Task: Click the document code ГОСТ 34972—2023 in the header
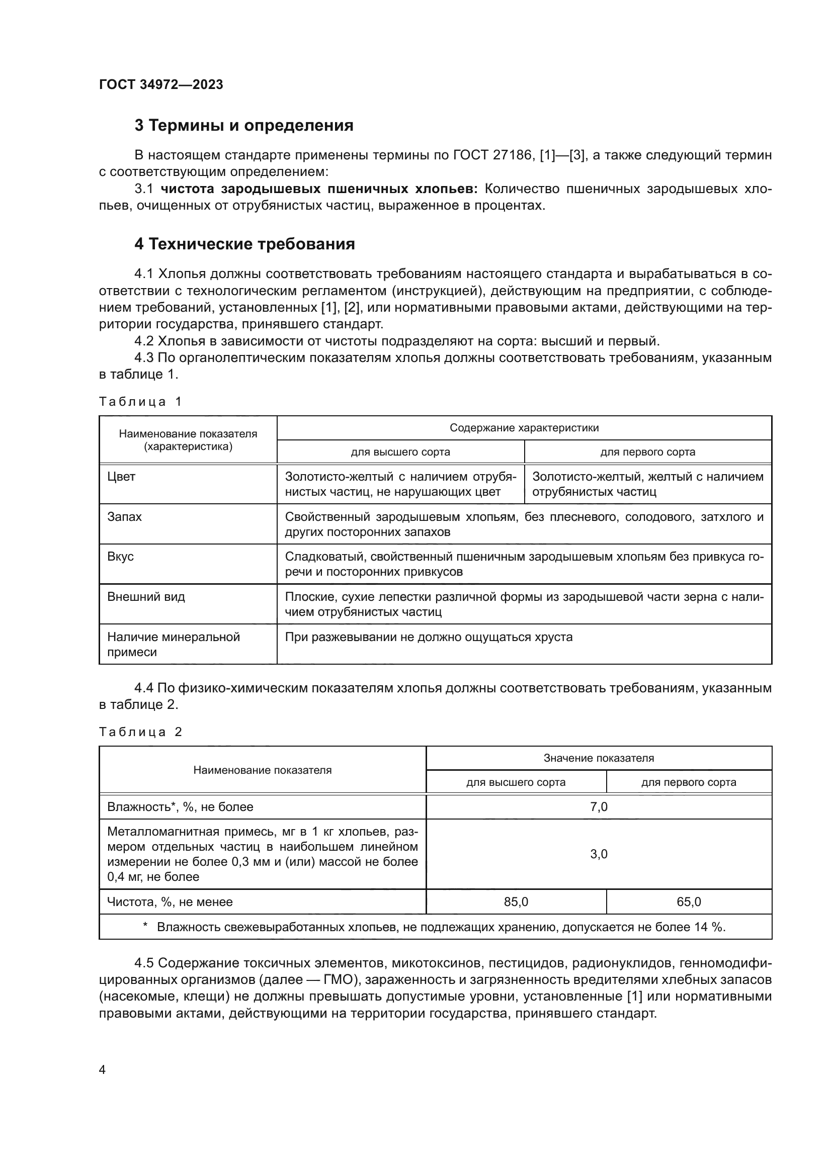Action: [161, 85]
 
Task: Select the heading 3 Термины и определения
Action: [244, 126]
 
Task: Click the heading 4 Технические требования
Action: [244, 244]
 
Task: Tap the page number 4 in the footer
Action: [102, 1070]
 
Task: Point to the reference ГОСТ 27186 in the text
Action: [492, 155]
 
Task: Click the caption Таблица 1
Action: [140, 402]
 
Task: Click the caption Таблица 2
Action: [140, 732]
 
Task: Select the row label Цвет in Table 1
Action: [121, 477]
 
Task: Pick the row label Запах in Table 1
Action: [124, 517]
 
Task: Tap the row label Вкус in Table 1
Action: [120, 557]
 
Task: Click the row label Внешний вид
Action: [146, 597]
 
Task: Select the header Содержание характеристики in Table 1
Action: [524, 428]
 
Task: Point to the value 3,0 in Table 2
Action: [599, 854]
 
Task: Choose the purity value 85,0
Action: [516, 902]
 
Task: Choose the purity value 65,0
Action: [689, 902]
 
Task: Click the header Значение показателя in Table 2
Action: [599, 758]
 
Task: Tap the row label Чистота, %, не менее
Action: [170, 902]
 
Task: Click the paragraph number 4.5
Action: [144, 963]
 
